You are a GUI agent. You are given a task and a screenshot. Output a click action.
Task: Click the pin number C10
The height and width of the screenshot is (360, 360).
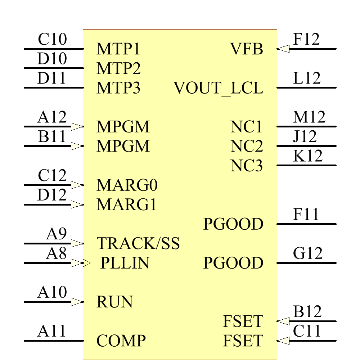[52, 40]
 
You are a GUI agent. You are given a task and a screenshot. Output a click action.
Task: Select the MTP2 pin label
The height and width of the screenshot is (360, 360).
[118, 68]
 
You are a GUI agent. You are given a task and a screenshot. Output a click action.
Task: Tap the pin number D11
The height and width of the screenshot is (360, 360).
[51, 78]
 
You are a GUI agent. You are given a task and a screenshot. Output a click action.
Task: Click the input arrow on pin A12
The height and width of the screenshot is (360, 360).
[77, 126]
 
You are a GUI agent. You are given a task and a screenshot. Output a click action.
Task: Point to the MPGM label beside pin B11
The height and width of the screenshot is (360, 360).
[123, 147]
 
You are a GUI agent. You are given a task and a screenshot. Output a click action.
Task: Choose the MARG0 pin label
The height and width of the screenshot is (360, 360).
[127, 185]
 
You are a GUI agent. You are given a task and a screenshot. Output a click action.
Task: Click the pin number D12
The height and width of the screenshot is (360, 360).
[52, 195]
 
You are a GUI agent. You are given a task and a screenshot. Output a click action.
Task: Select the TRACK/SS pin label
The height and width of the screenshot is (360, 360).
[138, 244]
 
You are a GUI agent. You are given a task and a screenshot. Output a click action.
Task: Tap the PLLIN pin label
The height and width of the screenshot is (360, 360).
[125, 263]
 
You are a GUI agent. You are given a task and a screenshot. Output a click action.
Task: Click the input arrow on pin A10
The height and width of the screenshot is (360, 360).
[77, 302]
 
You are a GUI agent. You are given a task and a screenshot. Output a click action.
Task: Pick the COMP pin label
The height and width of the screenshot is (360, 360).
[121, 341]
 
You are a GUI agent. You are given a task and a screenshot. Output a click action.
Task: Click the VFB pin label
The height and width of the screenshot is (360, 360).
[247, 49]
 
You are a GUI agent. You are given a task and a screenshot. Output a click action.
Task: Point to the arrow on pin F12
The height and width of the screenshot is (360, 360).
[284, 49]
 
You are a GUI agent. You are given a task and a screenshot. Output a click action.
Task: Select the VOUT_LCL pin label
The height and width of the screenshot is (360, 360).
[219, 88]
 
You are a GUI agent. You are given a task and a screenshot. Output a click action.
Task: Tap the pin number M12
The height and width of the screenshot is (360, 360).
[309, 117]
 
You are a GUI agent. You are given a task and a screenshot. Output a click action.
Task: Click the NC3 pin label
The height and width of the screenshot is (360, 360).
[247, 166]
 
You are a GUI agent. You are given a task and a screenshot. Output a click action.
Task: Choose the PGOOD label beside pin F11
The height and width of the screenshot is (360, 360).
[233, 224]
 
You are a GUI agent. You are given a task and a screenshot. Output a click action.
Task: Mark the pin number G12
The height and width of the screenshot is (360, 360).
[307, 253]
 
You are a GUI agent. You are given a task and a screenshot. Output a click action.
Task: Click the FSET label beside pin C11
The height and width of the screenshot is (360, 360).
[243, 341]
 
